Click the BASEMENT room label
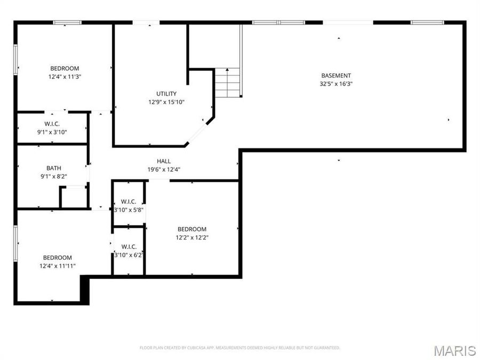[336, 75]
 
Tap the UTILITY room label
[166, 94]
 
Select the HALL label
[164, 161]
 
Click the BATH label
[54, 167]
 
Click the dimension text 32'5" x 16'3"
[336, 84]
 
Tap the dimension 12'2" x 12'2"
[192, 237]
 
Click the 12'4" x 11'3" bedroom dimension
[65, 76]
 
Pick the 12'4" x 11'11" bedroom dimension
[58, 266]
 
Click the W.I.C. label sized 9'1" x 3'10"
[52, 124]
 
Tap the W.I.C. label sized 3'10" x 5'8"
[129, 202]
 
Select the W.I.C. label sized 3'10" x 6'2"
[129, 246]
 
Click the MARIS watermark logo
[454, 350]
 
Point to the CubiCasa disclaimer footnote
[239, 348]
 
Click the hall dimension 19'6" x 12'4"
[164, 169]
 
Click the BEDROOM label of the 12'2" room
[192, 229]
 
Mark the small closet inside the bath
[73, 197]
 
